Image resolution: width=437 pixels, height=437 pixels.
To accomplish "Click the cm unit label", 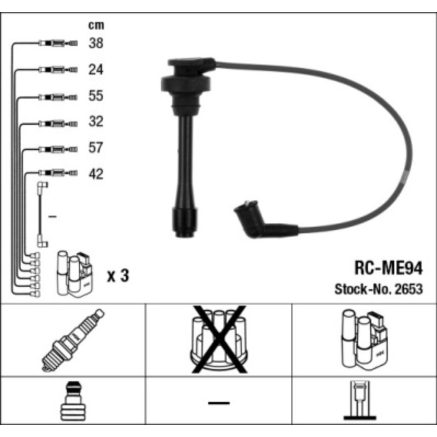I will pyautogui.click(x=96, y=26).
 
